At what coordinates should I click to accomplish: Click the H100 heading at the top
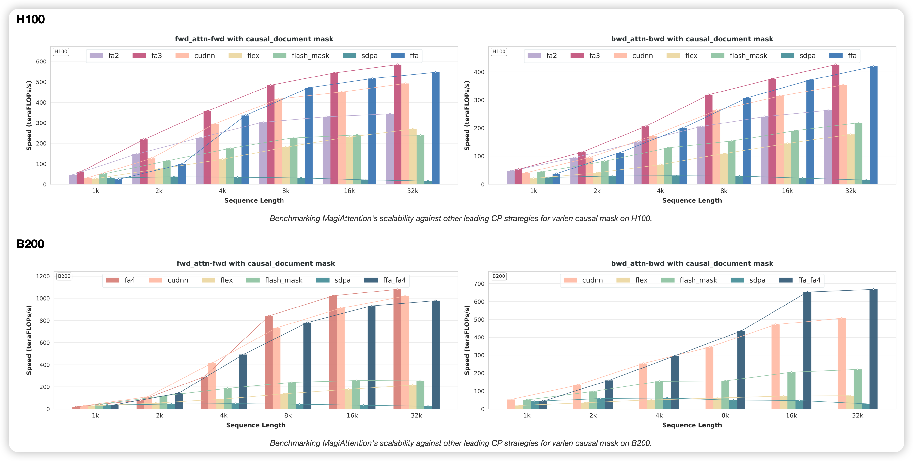[31, 19]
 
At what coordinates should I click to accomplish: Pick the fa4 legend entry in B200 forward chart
[121, 280]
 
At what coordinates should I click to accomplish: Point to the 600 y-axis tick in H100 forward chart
[41, 62]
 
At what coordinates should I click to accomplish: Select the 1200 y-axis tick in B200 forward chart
[43, 277]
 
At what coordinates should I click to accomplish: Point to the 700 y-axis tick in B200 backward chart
[479, 284]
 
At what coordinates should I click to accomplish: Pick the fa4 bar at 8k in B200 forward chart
[269, 361]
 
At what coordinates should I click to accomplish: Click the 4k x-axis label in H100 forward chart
[222, 191]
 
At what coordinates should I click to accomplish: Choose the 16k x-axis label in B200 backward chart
[791, 416]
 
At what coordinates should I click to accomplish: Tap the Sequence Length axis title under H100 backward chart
[692, 200]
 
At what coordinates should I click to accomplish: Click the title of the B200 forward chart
[255, 264]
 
